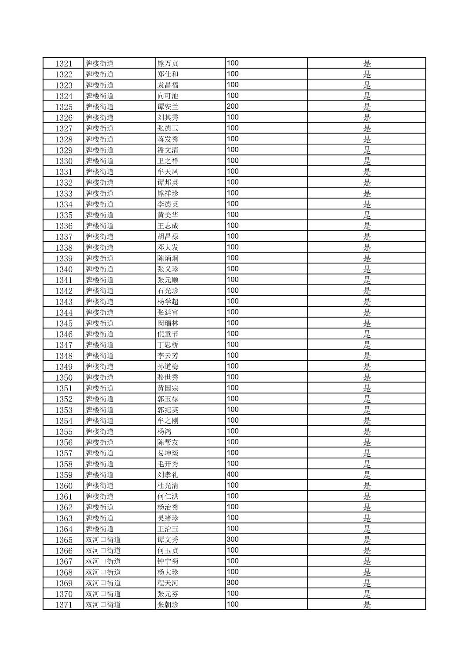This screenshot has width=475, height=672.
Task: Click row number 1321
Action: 64,63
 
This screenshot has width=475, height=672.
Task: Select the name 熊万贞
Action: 168,63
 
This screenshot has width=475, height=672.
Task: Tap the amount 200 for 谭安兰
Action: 233,106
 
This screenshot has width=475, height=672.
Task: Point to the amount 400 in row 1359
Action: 233,474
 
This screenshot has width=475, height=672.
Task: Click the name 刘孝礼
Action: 168,475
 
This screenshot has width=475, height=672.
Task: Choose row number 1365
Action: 64,540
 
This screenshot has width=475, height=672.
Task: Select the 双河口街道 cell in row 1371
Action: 103,605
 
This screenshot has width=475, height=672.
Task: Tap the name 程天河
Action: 168,583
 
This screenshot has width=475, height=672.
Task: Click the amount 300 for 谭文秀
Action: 233,539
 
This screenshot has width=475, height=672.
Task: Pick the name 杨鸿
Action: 165,431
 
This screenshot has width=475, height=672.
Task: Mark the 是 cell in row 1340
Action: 367,269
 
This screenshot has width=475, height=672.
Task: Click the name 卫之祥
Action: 168,161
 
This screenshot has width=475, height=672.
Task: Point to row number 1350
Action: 64,378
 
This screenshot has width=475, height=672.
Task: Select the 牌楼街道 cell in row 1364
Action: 100,529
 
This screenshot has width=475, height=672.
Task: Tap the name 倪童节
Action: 168,334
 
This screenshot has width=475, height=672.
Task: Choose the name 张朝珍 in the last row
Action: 168,605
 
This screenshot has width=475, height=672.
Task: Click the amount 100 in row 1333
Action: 233,193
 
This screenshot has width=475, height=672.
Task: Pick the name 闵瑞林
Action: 168,323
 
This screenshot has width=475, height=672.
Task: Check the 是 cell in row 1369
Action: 367,583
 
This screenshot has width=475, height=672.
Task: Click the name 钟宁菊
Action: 168,561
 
